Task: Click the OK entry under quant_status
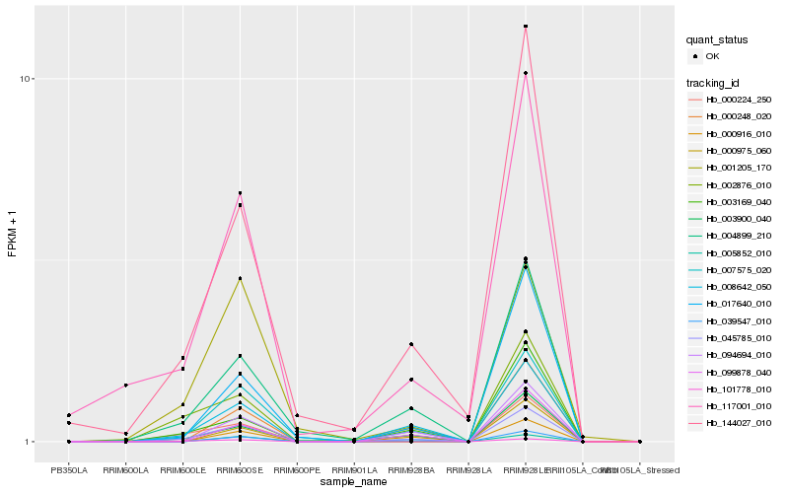pyautogui.click(x=720, y=56)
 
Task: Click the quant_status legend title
pyautogui.click(x=717, y=39)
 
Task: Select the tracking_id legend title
pyautogui.click(x=714, y=82)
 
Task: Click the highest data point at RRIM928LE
pyautogui.click(x=526, y=27)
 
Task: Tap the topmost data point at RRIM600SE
pyautogui.click(x=240, y=193)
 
